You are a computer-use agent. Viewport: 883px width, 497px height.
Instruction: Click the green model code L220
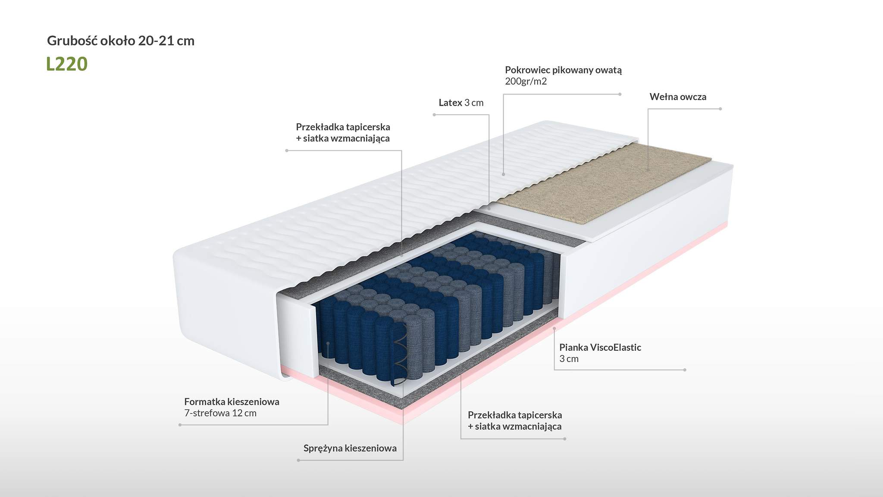(x=67, y=64)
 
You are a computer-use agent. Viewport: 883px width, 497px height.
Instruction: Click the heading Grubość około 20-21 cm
(x=121, y=41)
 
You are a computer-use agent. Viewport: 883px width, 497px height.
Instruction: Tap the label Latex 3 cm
(x=461, y=103)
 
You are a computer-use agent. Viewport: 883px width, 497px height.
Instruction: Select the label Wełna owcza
(x=678, y=97)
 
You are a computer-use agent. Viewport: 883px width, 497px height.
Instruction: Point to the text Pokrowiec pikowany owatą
(x=563, y=70)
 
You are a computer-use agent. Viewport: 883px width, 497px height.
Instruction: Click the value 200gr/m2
(x=526, y=82)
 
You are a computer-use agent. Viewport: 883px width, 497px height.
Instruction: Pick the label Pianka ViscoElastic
(x=600, y=347)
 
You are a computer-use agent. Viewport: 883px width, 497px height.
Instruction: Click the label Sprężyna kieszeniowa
(x=350, y=448)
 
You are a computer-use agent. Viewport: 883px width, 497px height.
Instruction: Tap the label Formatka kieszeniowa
(x=232, y=402)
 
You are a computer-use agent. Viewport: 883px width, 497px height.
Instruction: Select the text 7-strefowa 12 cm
(x=220, y=413)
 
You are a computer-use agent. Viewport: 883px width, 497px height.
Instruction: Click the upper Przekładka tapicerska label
(x=343, y=127)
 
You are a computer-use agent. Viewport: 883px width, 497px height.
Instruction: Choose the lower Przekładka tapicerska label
(x=515, y=415)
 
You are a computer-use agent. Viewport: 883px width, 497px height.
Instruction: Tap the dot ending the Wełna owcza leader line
(x=720, y=109)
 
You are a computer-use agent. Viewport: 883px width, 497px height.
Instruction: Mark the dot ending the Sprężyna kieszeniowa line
(x=298, y=460)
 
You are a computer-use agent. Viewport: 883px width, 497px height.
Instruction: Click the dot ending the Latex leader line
(x=434, y=115)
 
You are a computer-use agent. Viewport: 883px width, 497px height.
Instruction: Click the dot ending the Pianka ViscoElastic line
(x=685, y=370)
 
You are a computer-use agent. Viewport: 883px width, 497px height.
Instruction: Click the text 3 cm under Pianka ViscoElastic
(x=569, y=359)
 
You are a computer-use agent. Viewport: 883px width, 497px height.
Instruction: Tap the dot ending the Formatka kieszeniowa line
(x=180, y=425)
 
